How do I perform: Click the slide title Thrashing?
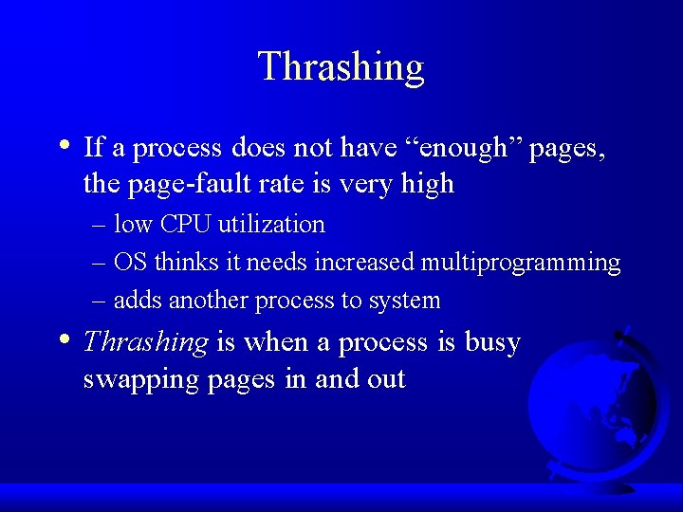tap(341, 67)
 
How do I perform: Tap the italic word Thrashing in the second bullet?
tap(146, 342)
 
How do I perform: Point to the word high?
tap(425, 184)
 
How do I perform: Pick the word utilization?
tap(271, 225)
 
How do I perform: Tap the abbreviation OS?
tap(131, 263)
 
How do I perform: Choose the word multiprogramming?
tap(520, 263)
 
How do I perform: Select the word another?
tap(206, 301)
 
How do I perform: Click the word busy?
tap(492, 342)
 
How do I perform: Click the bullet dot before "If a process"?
tap(63, 146)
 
